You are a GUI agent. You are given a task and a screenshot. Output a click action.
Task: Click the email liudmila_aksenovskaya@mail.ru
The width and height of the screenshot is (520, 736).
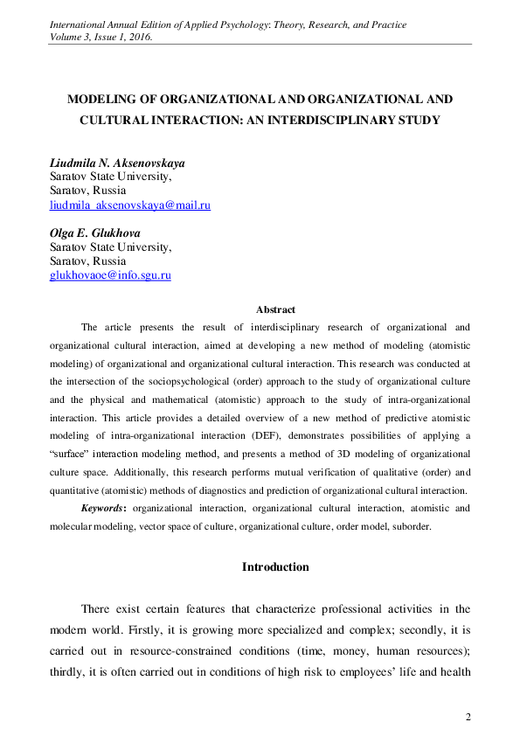130,205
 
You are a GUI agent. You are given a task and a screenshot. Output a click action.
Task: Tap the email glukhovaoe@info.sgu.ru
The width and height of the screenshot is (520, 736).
110,275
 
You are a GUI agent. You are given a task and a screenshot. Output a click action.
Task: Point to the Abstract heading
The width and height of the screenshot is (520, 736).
275,309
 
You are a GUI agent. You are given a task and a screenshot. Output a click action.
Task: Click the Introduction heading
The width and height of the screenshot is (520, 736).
275,567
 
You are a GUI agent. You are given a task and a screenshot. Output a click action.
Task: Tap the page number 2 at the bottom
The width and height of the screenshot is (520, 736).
468,718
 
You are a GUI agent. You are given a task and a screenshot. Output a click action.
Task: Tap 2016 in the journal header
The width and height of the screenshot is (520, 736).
138,38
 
